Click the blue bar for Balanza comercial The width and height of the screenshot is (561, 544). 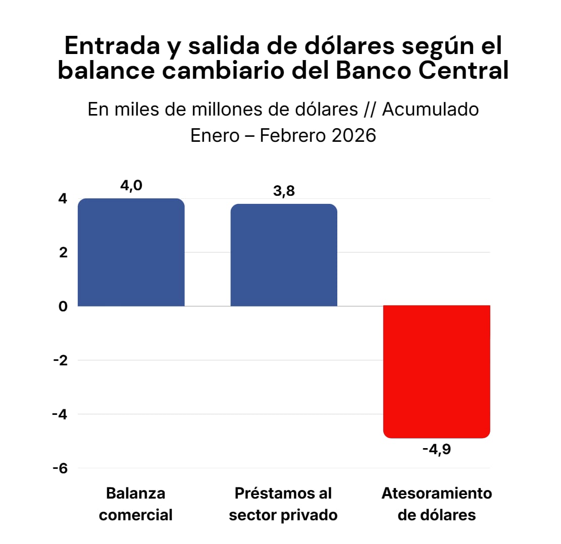pyautogui.click(x=131, y=252)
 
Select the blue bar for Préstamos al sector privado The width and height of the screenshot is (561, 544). pyautogui.click(x=284, y=255)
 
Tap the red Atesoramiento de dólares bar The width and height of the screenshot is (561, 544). pyautogui.click(x=436, y=371)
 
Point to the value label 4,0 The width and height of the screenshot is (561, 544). pyautogui.click(x=131, y=186)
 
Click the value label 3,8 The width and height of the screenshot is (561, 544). pyautogui.click(x=284, y=191)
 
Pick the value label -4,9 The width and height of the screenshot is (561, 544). pyautogui.click(x=436, y=449)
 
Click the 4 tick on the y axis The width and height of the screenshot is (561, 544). pyautogui.click(x=62, y=199)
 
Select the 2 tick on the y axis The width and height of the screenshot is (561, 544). pyautogui.click(x=62, y=252)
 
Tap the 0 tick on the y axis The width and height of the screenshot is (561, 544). pyautogui.click(x=62, y=306)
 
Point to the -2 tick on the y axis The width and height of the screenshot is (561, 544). pyautogui.click(x=60, y=360)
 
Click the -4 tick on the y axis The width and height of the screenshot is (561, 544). pyautogui.click(x=60, y=414)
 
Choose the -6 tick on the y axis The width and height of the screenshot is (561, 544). pyautogui.click(x=60, y=468)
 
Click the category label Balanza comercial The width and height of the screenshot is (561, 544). pyautogui.click(x=135, y=504)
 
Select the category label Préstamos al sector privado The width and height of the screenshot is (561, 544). pyautogui.click(x=283, y=504)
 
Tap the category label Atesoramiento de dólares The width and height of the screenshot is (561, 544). pyautogui.click(x=436, y=504)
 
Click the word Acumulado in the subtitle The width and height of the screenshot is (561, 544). pyautogui.click(x=430, y=109)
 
